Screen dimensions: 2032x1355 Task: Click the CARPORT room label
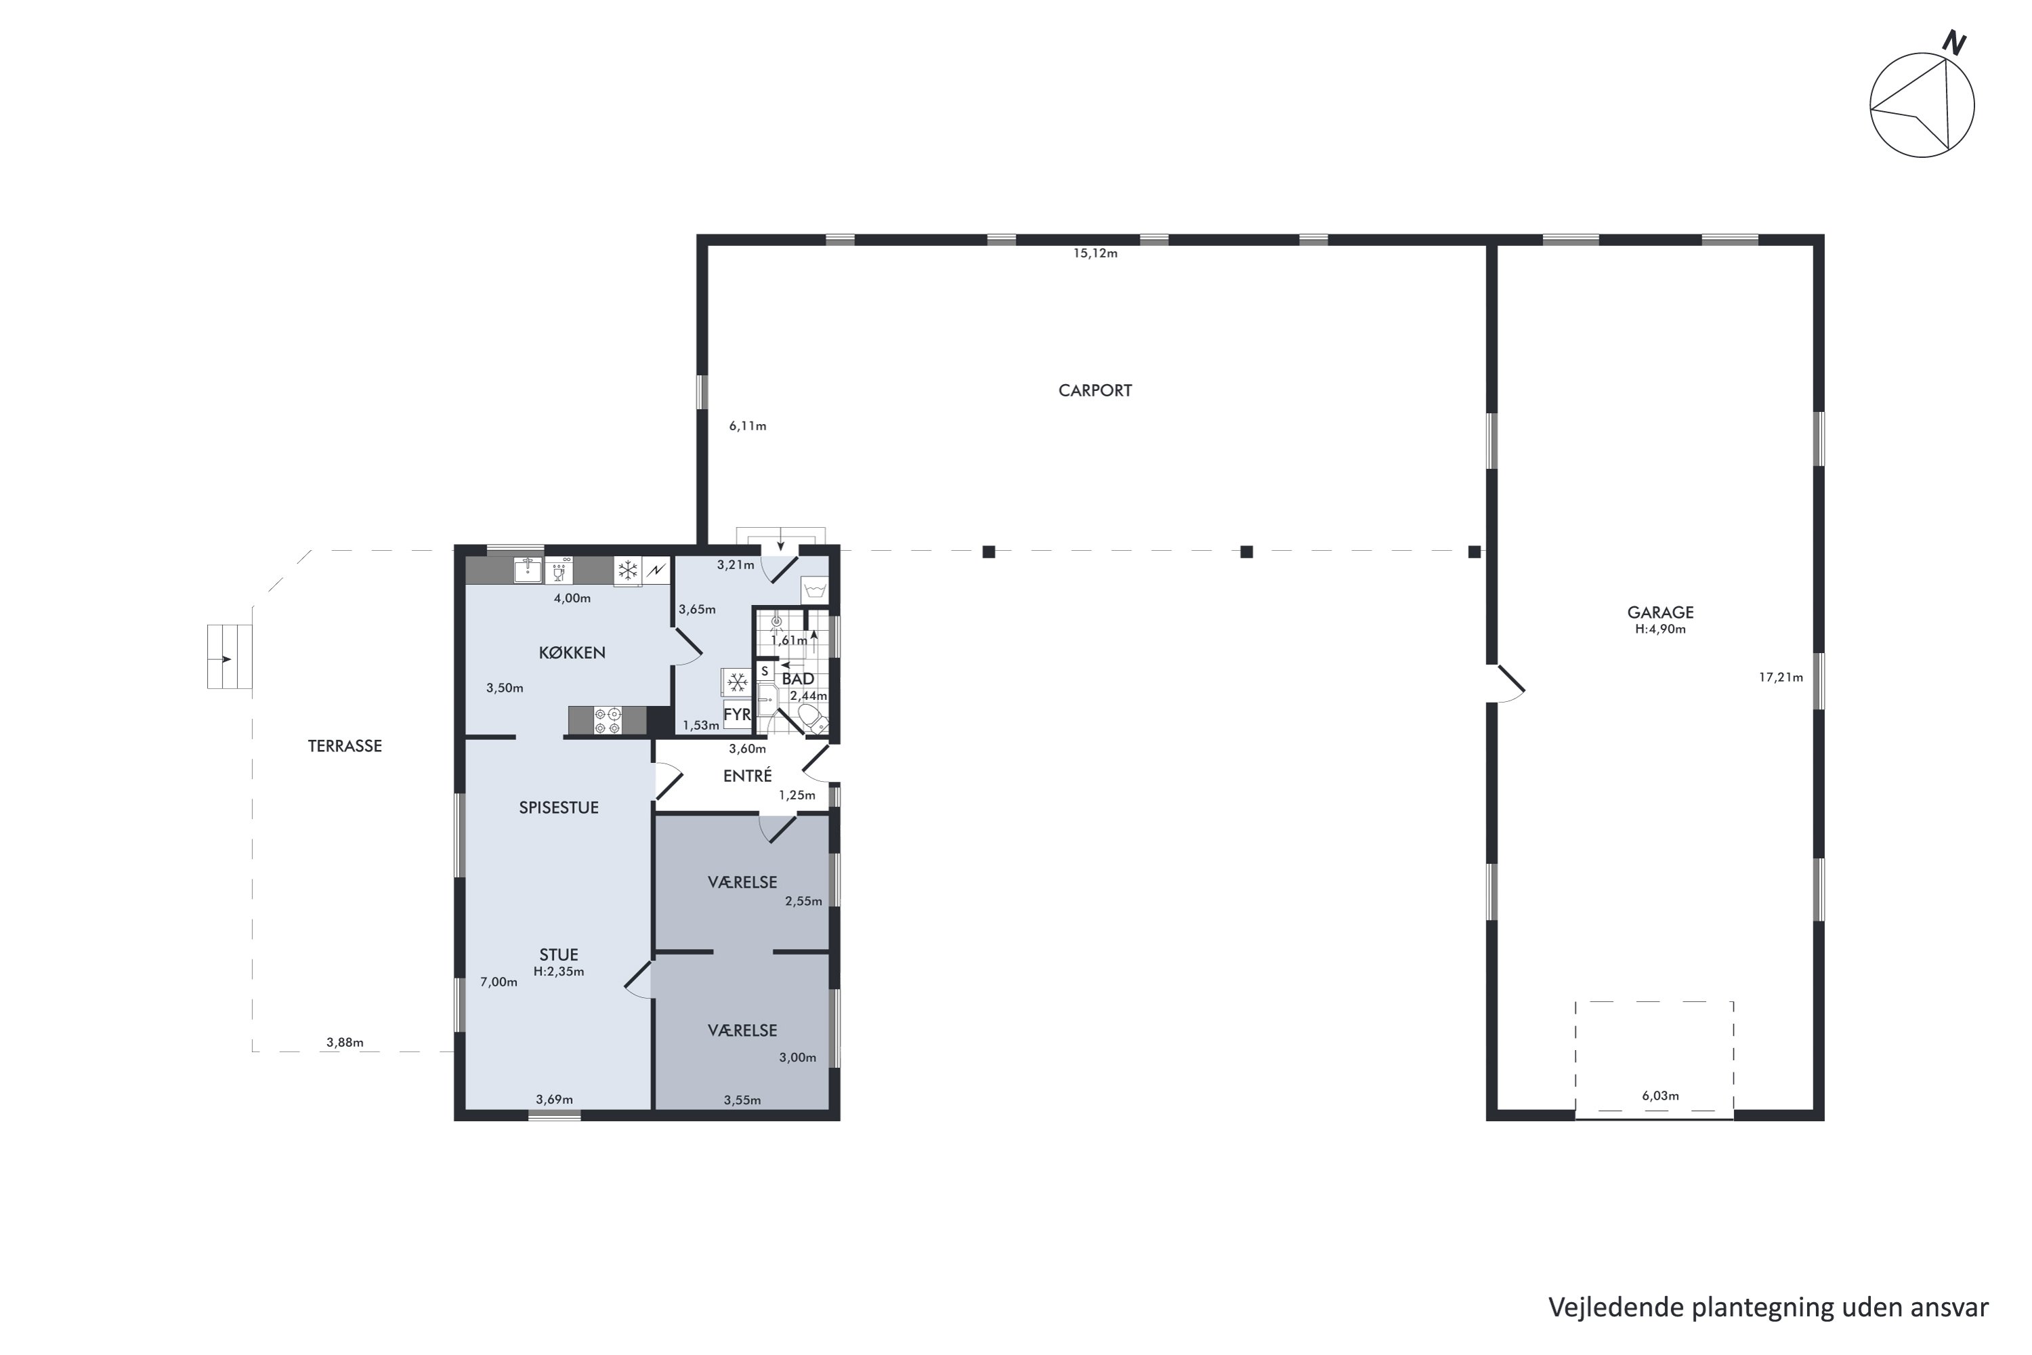coord(1095,391)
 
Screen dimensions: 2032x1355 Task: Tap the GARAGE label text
coord(1659,612)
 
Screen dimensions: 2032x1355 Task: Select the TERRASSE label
coord(345,746)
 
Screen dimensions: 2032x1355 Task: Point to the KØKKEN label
coord(572,652)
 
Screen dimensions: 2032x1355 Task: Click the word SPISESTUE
coord(558,807)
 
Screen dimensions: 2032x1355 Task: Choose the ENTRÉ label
coord(747,776)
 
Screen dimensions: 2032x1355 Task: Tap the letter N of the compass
coord(1953,43)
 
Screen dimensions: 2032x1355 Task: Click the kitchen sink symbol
coord(527,570)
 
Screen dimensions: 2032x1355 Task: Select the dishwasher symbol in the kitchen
coord(559,570)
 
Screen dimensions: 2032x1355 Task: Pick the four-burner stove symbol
coord(608,721)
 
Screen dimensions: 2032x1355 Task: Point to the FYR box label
coord(737,715)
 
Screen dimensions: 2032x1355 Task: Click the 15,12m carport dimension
coord(1095,253)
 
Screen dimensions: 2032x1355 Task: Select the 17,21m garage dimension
coord(1781,677)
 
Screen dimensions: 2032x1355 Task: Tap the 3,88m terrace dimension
coord(345,1042)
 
